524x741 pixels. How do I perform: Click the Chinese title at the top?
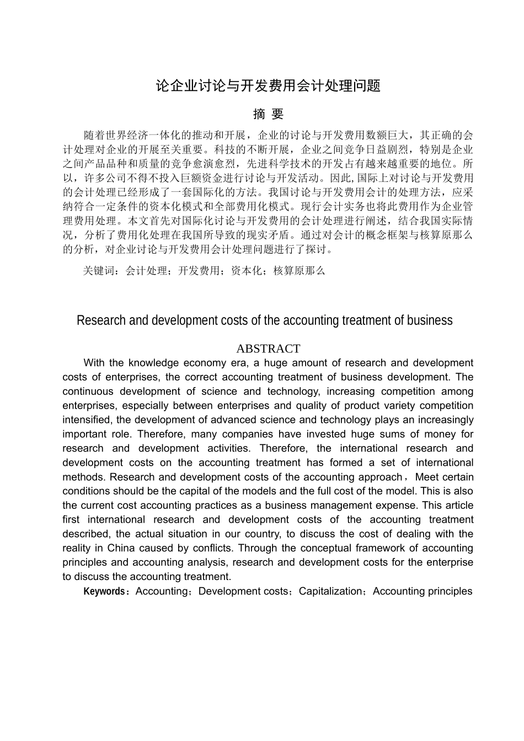coord(268,86)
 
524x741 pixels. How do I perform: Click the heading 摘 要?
coord(268,114)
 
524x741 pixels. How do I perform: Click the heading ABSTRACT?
coord(268,348)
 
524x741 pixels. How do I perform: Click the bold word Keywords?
coord(104,592)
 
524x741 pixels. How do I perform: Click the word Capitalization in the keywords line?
coord(330,592)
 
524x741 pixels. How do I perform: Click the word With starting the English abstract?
coord(95,363)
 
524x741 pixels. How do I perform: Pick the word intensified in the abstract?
coord(87,420)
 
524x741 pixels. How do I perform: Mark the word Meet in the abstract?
coord(427,477)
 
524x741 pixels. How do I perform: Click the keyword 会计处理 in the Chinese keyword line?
coord(146,271)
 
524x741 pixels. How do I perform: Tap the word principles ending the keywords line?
coord(449,592)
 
